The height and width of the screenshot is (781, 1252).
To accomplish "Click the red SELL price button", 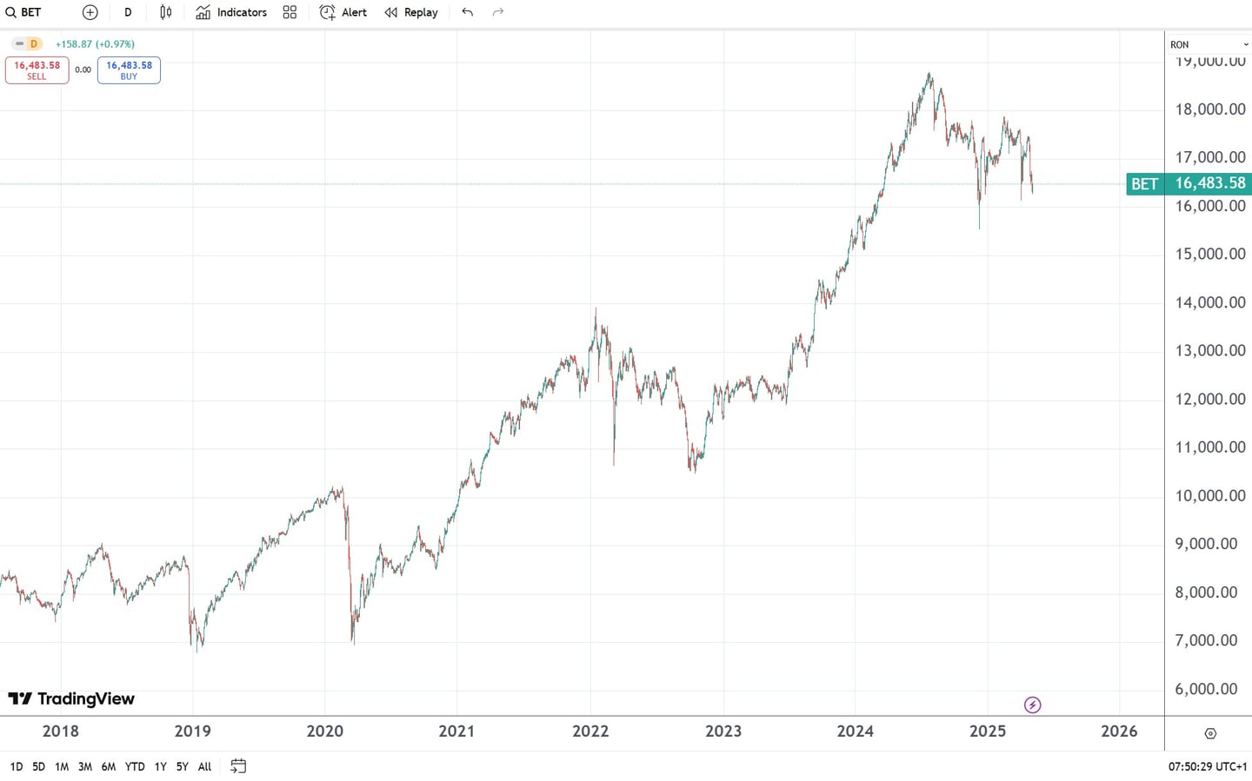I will (37, 69).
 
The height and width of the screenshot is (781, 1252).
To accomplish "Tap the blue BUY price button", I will (129, 69).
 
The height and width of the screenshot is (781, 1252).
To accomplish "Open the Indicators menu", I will (231, 12).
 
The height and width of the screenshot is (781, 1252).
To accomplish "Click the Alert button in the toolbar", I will (343, 12).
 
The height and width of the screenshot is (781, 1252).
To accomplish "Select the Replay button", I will (411, 12).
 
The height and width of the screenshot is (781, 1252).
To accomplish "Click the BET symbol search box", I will (24, 12).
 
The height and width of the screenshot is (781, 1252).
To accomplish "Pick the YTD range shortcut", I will (135, 766).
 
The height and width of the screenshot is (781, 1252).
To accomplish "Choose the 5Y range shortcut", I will (182, 766).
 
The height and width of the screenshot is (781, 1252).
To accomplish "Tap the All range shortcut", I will (204, 766).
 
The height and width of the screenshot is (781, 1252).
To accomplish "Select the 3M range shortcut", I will (85, 766).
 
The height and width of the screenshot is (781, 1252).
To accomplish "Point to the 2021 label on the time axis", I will (456, 731).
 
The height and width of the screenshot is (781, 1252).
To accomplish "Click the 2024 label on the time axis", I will (855, 731).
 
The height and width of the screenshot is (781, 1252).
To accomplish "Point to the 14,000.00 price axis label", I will (1210, 302).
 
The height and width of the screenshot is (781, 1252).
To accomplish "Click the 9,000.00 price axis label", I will (1206, 544).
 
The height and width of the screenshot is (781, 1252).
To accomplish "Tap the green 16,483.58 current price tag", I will (1209, 183).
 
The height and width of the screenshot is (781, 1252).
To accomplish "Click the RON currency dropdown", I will (1208, 44).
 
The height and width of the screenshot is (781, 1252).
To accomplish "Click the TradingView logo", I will (71, 698).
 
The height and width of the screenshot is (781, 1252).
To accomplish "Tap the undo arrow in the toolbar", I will (468, 12).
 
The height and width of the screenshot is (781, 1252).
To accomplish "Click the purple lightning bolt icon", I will (1032, 705).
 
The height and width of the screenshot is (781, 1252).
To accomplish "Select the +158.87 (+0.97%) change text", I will (95, 43).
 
